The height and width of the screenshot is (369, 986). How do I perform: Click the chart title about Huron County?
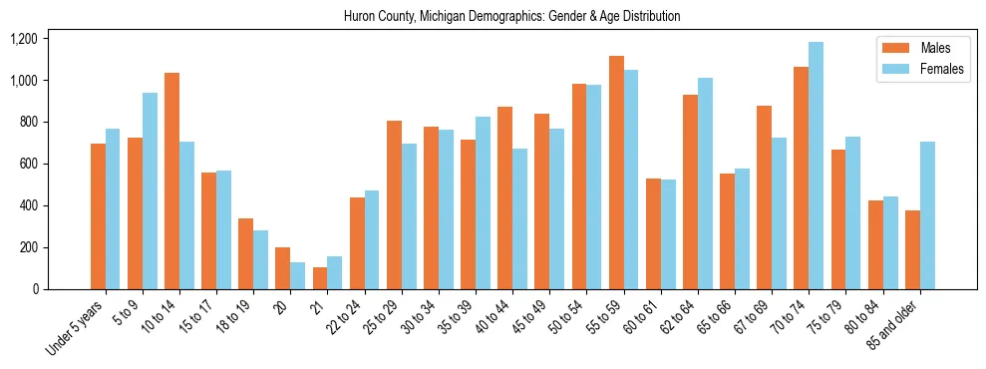511,17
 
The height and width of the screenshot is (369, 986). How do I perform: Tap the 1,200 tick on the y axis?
23,39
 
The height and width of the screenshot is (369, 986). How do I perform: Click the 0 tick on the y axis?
35,289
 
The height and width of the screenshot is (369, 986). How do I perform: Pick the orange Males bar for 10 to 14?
171,182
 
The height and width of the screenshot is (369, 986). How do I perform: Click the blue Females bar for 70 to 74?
816,166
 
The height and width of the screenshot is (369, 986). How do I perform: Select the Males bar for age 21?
319,278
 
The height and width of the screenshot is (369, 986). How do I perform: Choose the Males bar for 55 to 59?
616,173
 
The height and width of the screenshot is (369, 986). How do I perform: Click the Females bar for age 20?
297,275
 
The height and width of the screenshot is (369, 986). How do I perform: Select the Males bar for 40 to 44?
504,197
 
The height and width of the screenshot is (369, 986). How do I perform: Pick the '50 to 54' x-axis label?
563,317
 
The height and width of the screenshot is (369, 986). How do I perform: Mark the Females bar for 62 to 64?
705,184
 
